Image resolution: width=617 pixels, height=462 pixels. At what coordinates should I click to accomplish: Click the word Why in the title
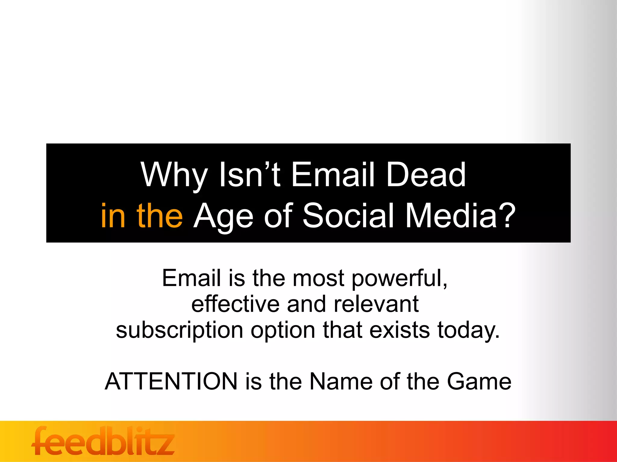click(x=174, y=175)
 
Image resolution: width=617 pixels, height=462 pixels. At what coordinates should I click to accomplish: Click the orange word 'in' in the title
click(x=113, y=215)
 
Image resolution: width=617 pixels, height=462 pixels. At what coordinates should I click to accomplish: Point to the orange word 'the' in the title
click(x=159, y=215)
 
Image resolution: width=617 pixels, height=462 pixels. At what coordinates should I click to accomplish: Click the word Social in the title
click(x=348, y=215)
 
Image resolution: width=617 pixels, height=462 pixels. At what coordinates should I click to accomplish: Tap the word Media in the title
click(x=451, y=215)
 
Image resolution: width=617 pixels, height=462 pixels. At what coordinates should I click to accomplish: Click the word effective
click(x=236, y=304)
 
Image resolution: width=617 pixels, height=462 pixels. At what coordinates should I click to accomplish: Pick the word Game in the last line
click(x=479, y=381)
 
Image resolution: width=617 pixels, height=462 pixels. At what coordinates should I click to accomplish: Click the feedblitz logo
click(x=103, y=441)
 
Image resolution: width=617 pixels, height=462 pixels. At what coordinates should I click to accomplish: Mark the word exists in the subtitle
click(x=399, y=330)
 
